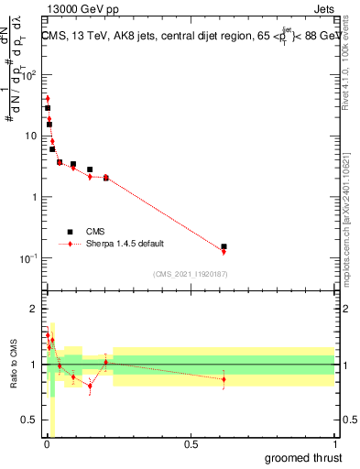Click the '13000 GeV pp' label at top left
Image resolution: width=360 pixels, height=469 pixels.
(x=75, y=8)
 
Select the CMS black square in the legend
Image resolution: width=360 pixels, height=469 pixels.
(x=70, y=232)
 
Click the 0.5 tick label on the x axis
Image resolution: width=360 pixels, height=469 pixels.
(x=191, y=444)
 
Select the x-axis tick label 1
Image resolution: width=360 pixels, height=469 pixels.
(x=334, y=444)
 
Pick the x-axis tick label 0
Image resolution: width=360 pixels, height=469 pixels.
(x=47, y=444)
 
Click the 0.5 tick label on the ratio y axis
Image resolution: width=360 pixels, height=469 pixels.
(x=28, y=421)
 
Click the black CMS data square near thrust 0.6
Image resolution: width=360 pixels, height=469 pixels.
(x=224, y=246)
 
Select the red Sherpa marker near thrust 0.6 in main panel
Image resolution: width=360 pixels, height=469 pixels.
(x=224, y=251)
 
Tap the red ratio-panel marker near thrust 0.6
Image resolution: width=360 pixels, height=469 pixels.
(x=224, y=378)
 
